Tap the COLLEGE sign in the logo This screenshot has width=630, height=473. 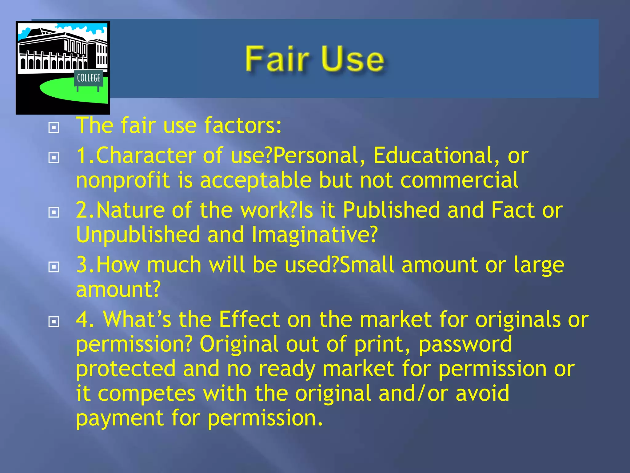(x=89, y=78)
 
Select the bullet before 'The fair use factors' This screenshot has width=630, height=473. (x=54, y=127)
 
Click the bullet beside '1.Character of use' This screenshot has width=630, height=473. (x=54, y=158)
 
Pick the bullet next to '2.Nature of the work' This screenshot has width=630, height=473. (x=54, y=212)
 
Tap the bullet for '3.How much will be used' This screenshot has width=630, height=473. (x=54, y=267)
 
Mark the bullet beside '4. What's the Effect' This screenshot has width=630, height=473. (x=54, y=322)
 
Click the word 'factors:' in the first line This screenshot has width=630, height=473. (x=243, y=126)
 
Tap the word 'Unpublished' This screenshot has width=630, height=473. (x=138, y=235)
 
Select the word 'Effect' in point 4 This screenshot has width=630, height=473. (x=249, y=320)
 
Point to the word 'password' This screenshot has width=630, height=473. (x=465, y=344)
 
